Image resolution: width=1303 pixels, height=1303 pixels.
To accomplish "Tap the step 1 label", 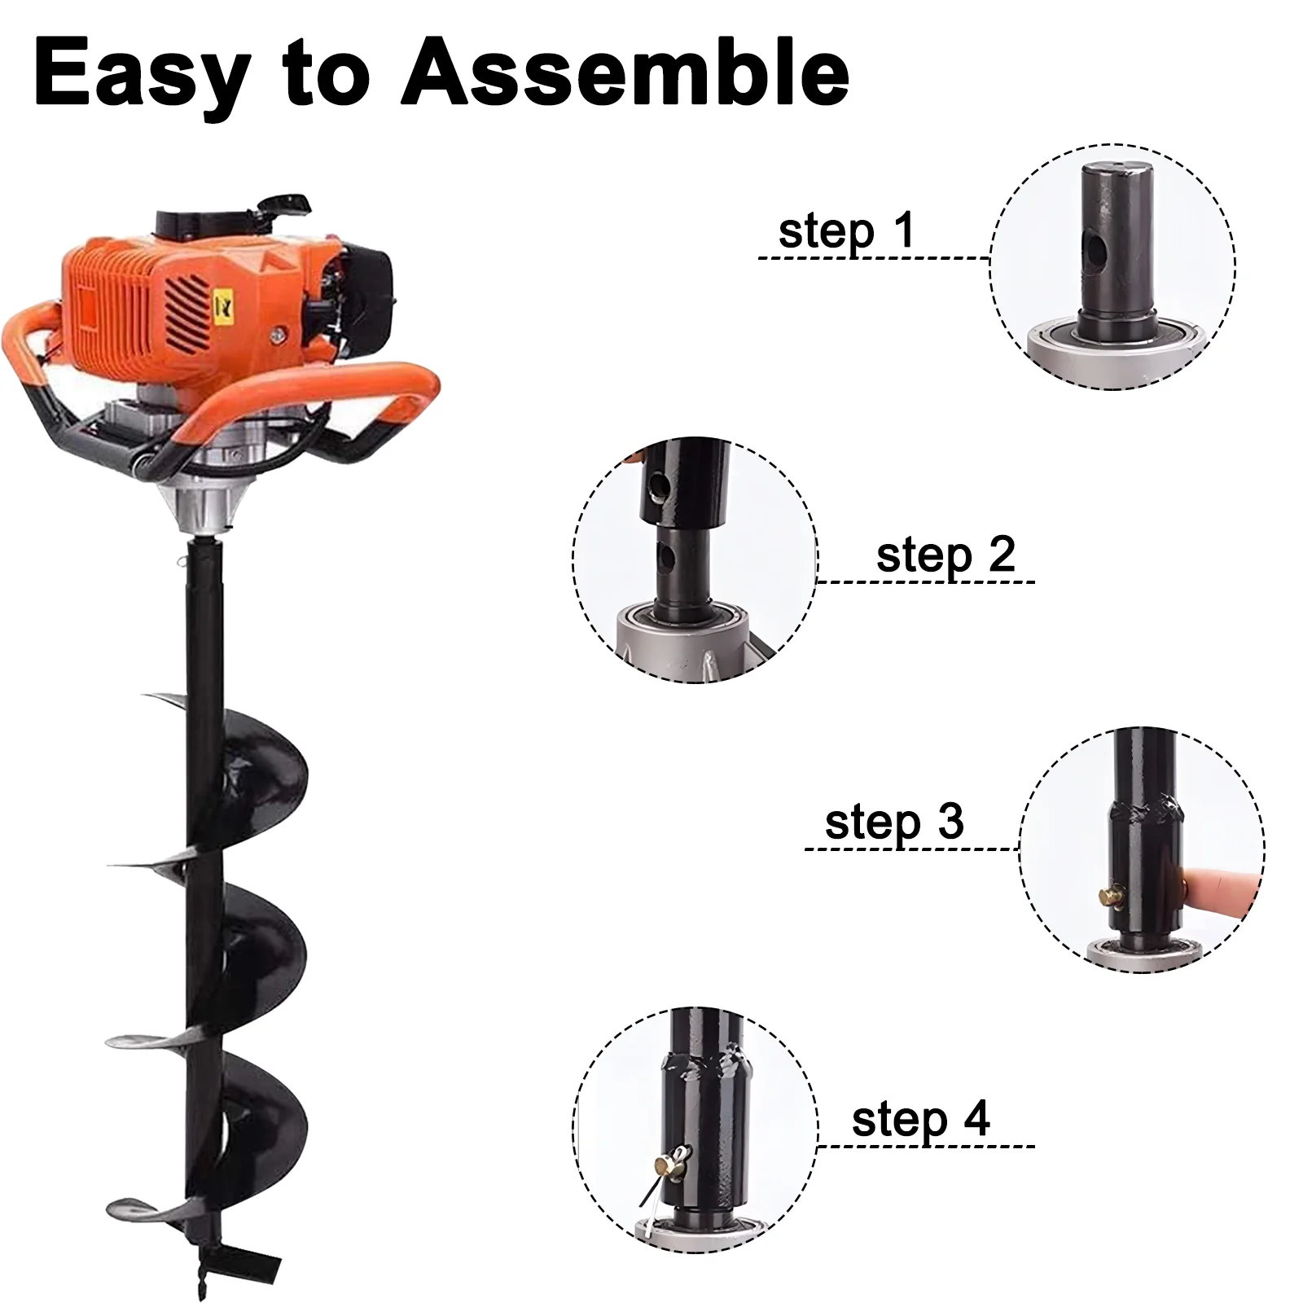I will click(846, 231).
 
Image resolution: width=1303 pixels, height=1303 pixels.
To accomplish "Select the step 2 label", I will click(945, 555).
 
